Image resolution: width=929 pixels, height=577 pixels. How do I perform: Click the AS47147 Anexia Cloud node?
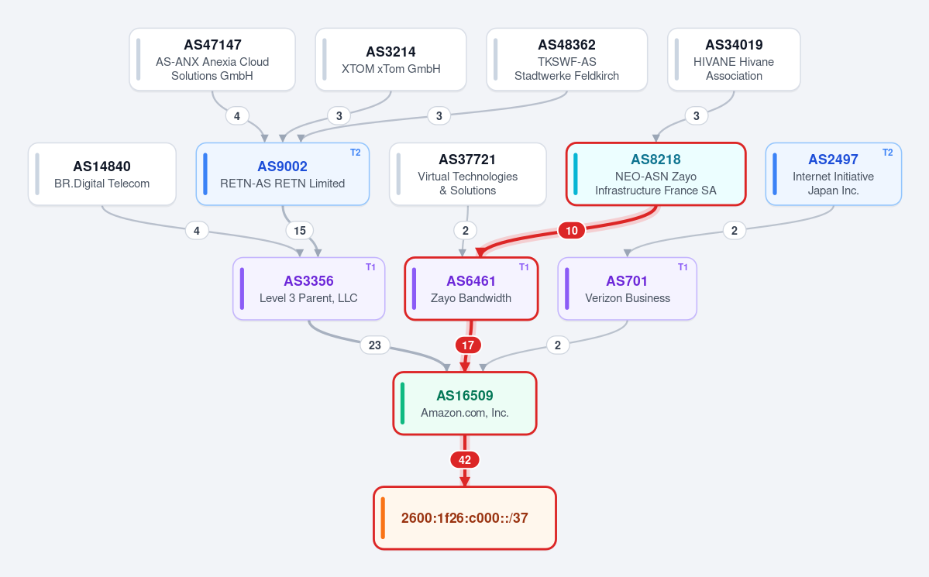(x=212, y=59)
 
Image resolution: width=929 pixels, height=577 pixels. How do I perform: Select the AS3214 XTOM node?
(x=391, y=59)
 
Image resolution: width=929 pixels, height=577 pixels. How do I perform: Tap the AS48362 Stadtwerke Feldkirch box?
(x=567, y=59)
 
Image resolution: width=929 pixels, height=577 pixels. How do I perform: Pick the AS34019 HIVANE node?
(x=734, y=59)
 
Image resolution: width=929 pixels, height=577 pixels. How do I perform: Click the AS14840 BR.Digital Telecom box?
(x=102, y=174)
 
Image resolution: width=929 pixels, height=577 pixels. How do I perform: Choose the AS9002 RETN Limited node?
(x=283, y=174)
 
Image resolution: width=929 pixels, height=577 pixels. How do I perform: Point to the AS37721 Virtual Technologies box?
(x=467, y=174)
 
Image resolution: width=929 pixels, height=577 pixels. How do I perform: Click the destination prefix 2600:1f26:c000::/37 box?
(x=465, y=518)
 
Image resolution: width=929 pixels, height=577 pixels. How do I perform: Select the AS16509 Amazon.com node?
(x=465, y=404)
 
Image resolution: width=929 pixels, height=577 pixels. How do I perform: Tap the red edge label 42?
(x=465, y=460)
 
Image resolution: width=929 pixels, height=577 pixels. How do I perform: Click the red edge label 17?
(x=468, y=345)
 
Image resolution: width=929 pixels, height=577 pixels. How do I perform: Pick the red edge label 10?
(x=572, y=231)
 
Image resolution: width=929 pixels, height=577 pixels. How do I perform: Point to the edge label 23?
(x=375, y=345)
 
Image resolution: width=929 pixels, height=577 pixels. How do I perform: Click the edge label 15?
(x=300, y=231)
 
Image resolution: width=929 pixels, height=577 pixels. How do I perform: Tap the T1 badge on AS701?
(x=683, y=267)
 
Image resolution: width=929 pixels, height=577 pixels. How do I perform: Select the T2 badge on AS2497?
(x=887, y=153)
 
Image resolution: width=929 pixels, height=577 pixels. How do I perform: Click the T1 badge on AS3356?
(x=370, y=267)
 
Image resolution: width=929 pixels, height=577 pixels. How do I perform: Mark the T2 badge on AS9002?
(x=356, y=153)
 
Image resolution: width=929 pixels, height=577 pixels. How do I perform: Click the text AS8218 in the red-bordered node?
(x=655, y=160)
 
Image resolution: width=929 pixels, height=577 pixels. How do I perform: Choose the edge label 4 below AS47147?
(x=237, y=116)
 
